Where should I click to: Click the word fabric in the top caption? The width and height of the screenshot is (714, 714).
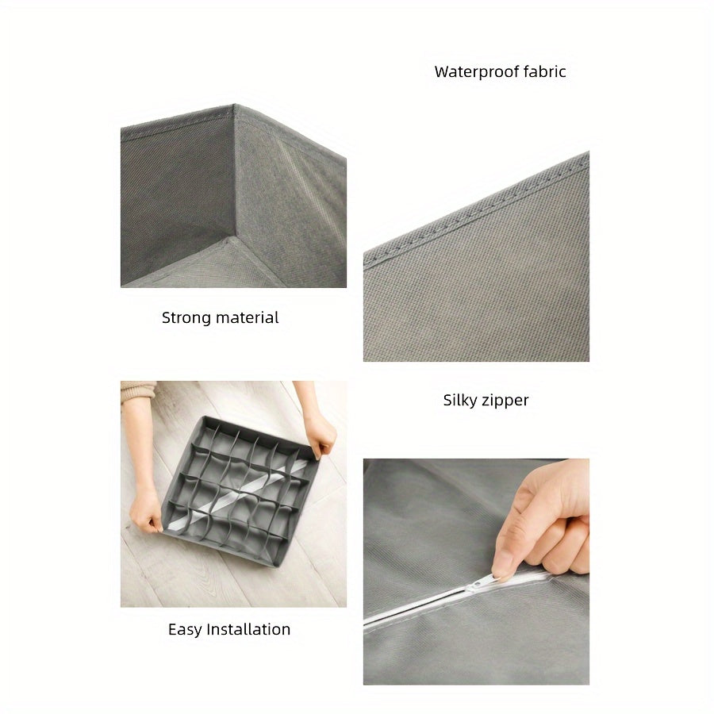click(544, 72)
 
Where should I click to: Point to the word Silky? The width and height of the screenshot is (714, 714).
click(460, 401)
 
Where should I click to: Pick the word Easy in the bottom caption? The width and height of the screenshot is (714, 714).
click(185, 630)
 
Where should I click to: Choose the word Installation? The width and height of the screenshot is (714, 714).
click(248, 630)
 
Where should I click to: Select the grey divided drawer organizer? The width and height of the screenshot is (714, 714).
click(238, 488)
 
